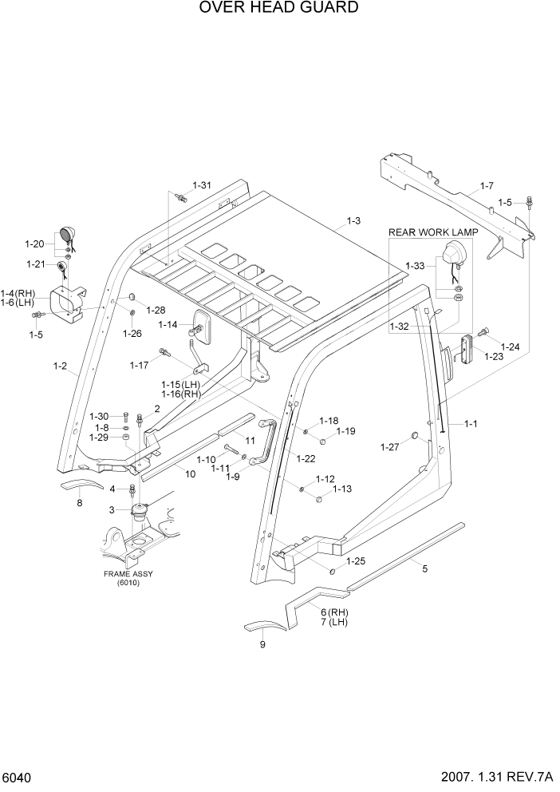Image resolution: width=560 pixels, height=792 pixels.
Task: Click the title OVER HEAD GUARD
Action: click(279, 8)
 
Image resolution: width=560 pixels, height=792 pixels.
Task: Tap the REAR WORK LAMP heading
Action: click(433, 232)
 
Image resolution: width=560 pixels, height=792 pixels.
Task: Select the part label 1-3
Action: click(353, 220)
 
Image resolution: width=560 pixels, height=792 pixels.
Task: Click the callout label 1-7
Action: click(487, 187)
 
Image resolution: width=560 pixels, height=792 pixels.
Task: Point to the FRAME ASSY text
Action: click(128, 574)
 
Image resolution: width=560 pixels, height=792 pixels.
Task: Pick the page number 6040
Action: click(18, 777)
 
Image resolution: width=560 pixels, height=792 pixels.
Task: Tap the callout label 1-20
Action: click(35, 244)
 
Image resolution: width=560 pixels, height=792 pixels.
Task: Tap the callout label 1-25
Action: click(355, 561)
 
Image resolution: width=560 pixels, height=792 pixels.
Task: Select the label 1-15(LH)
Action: click(180, 385)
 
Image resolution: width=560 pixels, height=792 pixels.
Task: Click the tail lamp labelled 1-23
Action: click(466, 349)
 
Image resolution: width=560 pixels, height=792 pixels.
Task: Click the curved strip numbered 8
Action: click(82, 488)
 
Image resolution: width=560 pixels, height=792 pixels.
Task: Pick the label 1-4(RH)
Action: click(18, 293)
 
